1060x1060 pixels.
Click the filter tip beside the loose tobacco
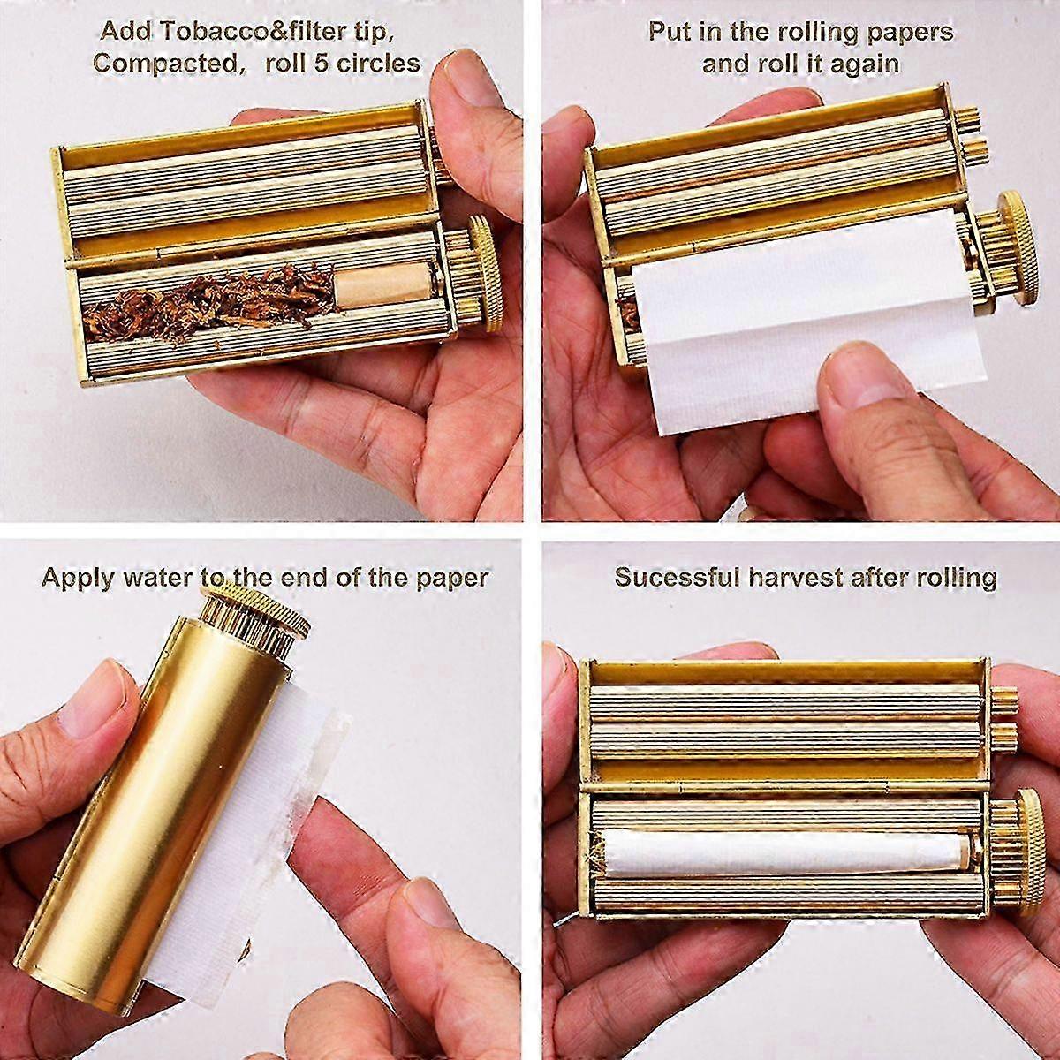click(x=384, y=285)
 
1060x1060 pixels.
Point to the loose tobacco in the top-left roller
click(x=209, y=302)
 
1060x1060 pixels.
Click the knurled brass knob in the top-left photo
click(x=485, y=273)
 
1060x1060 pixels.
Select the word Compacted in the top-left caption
click(x=164, y=64)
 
